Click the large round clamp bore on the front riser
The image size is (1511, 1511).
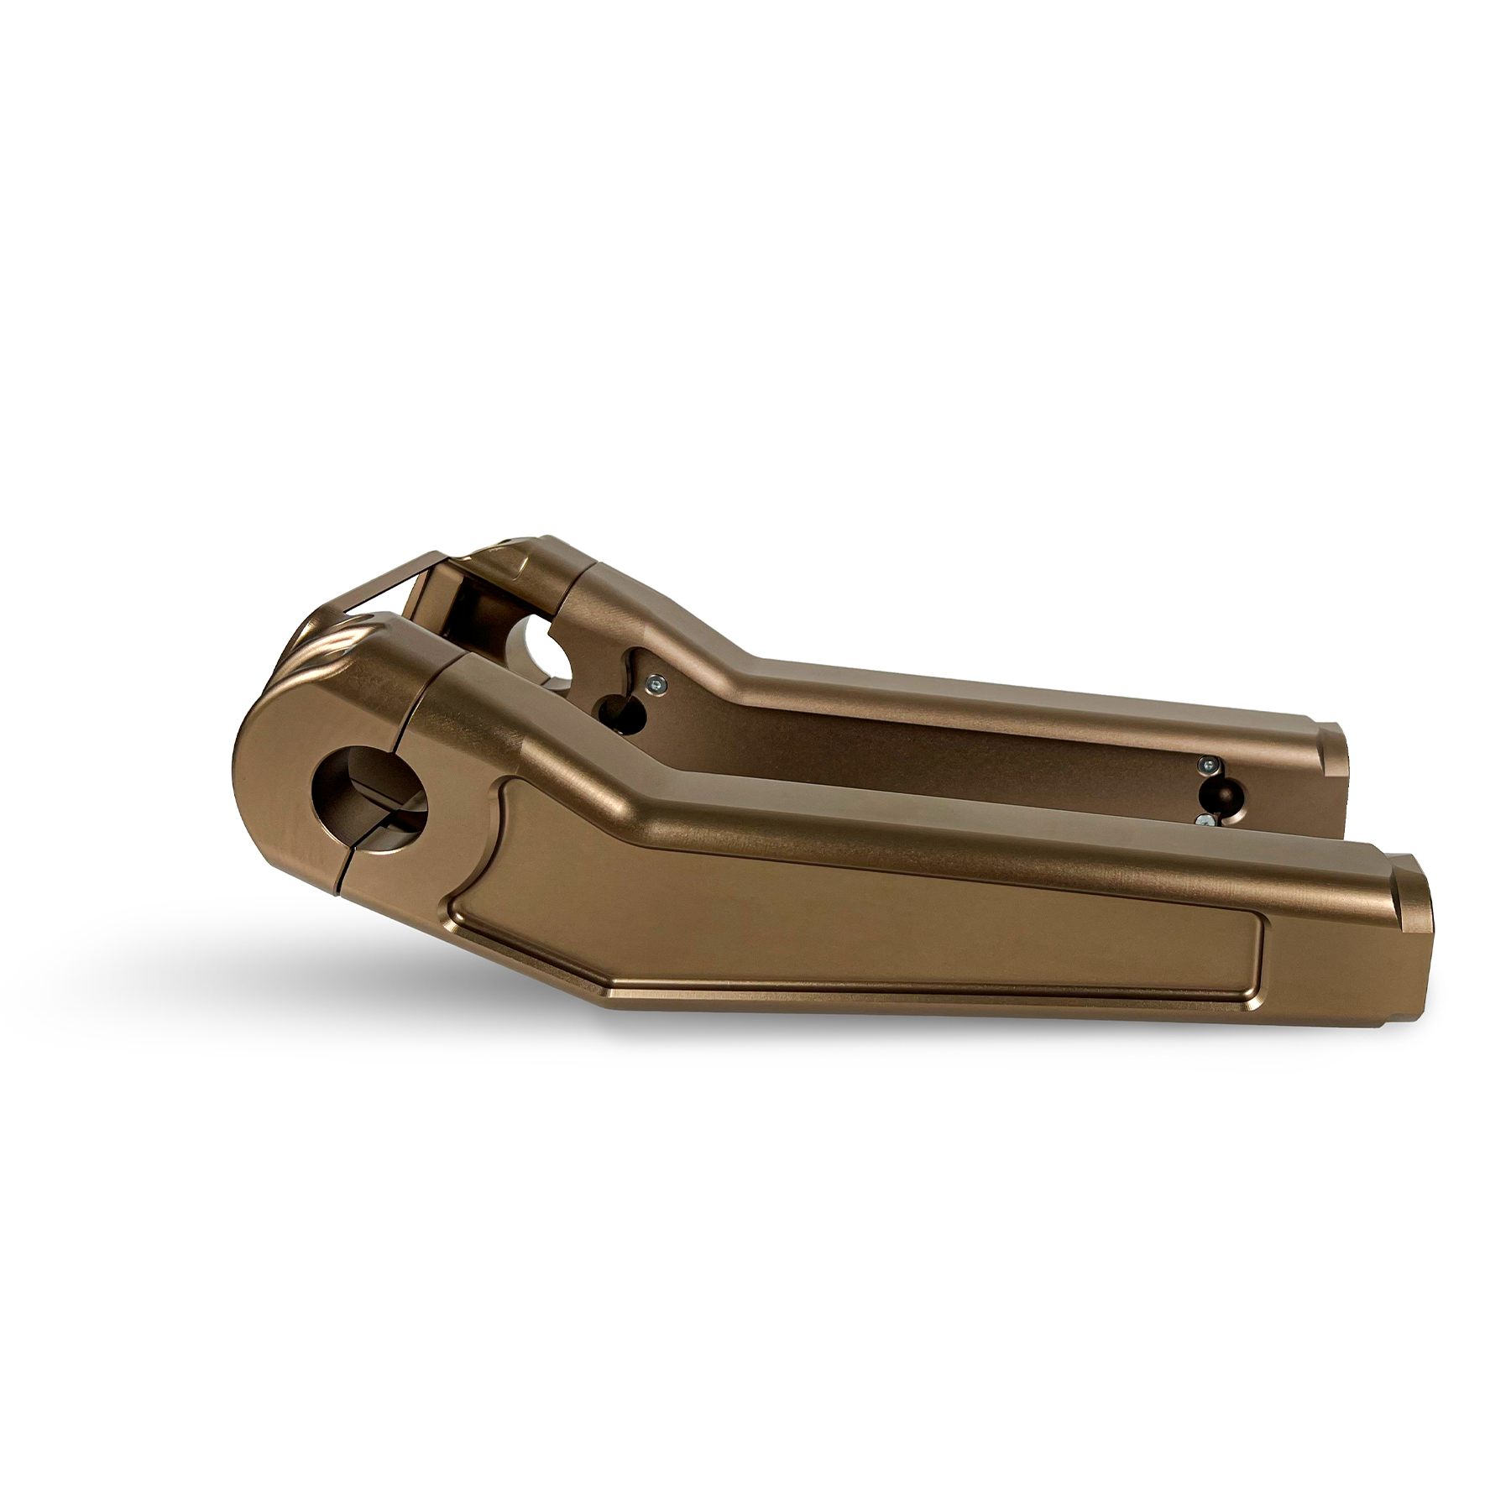369,789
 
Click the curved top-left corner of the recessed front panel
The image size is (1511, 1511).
508,785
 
